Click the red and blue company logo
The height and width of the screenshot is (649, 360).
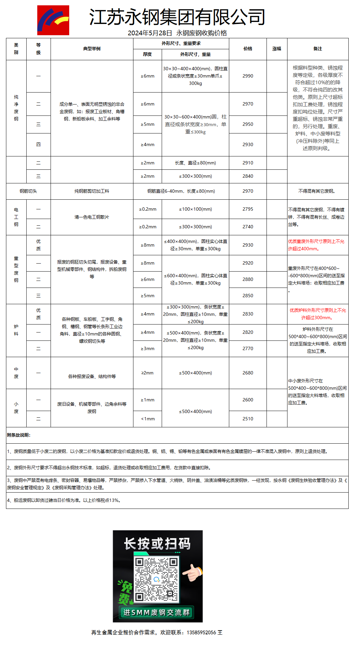point(53,20)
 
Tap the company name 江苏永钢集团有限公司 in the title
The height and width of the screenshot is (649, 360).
point(177,17)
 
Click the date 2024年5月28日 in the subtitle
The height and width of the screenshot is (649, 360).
point(150,33)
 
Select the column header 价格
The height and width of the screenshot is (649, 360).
point(248,49)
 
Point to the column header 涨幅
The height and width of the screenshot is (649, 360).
point(277,49)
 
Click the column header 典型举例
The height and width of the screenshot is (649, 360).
point(92,49)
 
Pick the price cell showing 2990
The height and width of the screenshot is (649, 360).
point(248,76)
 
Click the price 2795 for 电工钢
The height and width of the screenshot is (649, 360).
point(248,209)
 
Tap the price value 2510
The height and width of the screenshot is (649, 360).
point(248,419)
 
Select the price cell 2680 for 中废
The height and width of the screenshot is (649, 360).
point(248,373)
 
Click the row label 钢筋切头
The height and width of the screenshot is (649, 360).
point(28,191)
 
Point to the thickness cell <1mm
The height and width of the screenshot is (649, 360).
point(148,419)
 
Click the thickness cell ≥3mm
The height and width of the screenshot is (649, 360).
point(148,349)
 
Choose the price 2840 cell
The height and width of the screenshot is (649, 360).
point(248,176)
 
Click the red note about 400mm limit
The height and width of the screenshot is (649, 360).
point(316,245)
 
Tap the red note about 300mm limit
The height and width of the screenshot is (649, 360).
point(318,314)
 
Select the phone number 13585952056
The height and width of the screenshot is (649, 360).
point(201,632)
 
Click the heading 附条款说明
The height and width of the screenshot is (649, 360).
point(19,435)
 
